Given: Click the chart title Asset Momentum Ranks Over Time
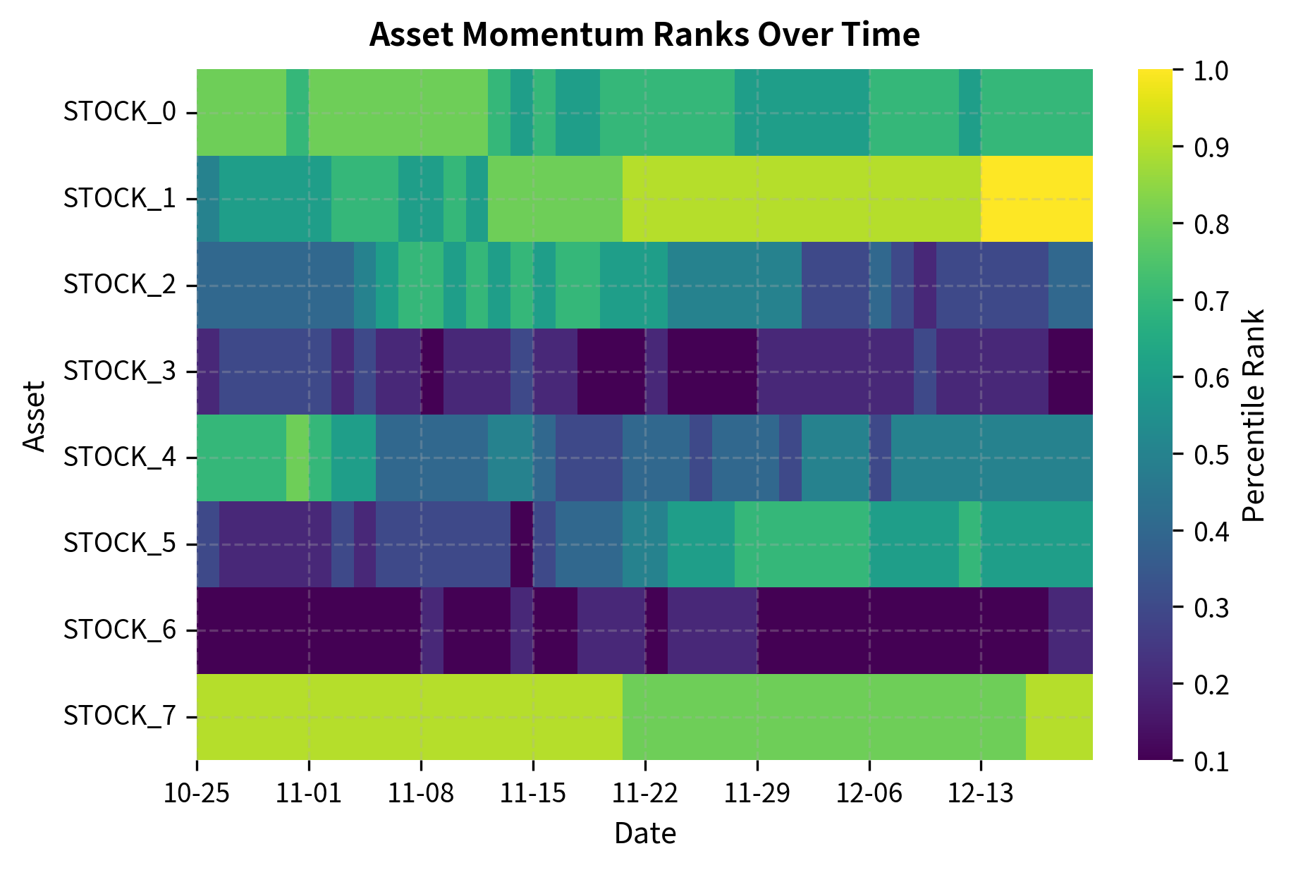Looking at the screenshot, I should pos(644,35).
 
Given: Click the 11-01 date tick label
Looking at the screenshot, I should pos(309,795).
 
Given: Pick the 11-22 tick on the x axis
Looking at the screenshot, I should pos(644,795).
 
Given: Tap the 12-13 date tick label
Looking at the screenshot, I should pos(980,795).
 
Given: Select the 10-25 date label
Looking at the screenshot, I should pos(197,795).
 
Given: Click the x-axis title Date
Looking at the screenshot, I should pos(644,833).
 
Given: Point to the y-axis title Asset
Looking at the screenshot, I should pos(33,415).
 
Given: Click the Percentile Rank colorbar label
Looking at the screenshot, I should pos(1254,415).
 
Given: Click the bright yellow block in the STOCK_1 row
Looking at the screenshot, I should pos(1036,199).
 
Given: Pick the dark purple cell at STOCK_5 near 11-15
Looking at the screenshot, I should pos(521,544).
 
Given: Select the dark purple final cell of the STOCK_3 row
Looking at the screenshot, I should pos(1070,371).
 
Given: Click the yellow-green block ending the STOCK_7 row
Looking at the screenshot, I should pos(1059,716).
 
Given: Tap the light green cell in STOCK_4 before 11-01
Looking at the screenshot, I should pos(298,458).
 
